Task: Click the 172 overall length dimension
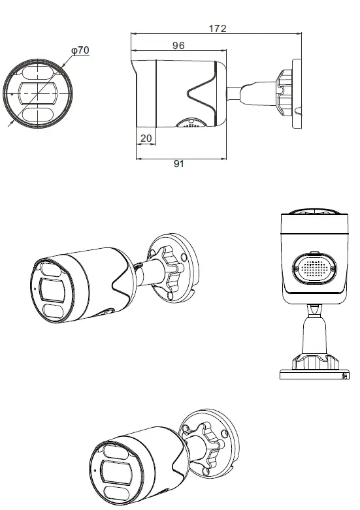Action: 217,28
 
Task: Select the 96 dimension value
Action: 178,46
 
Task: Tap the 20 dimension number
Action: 146,138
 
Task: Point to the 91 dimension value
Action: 179,165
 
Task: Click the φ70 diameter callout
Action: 79,50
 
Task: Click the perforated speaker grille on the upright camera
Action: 312,268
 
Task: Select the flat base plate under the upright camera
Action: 312,375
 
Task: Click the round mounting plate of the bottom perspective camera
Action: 209,444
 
